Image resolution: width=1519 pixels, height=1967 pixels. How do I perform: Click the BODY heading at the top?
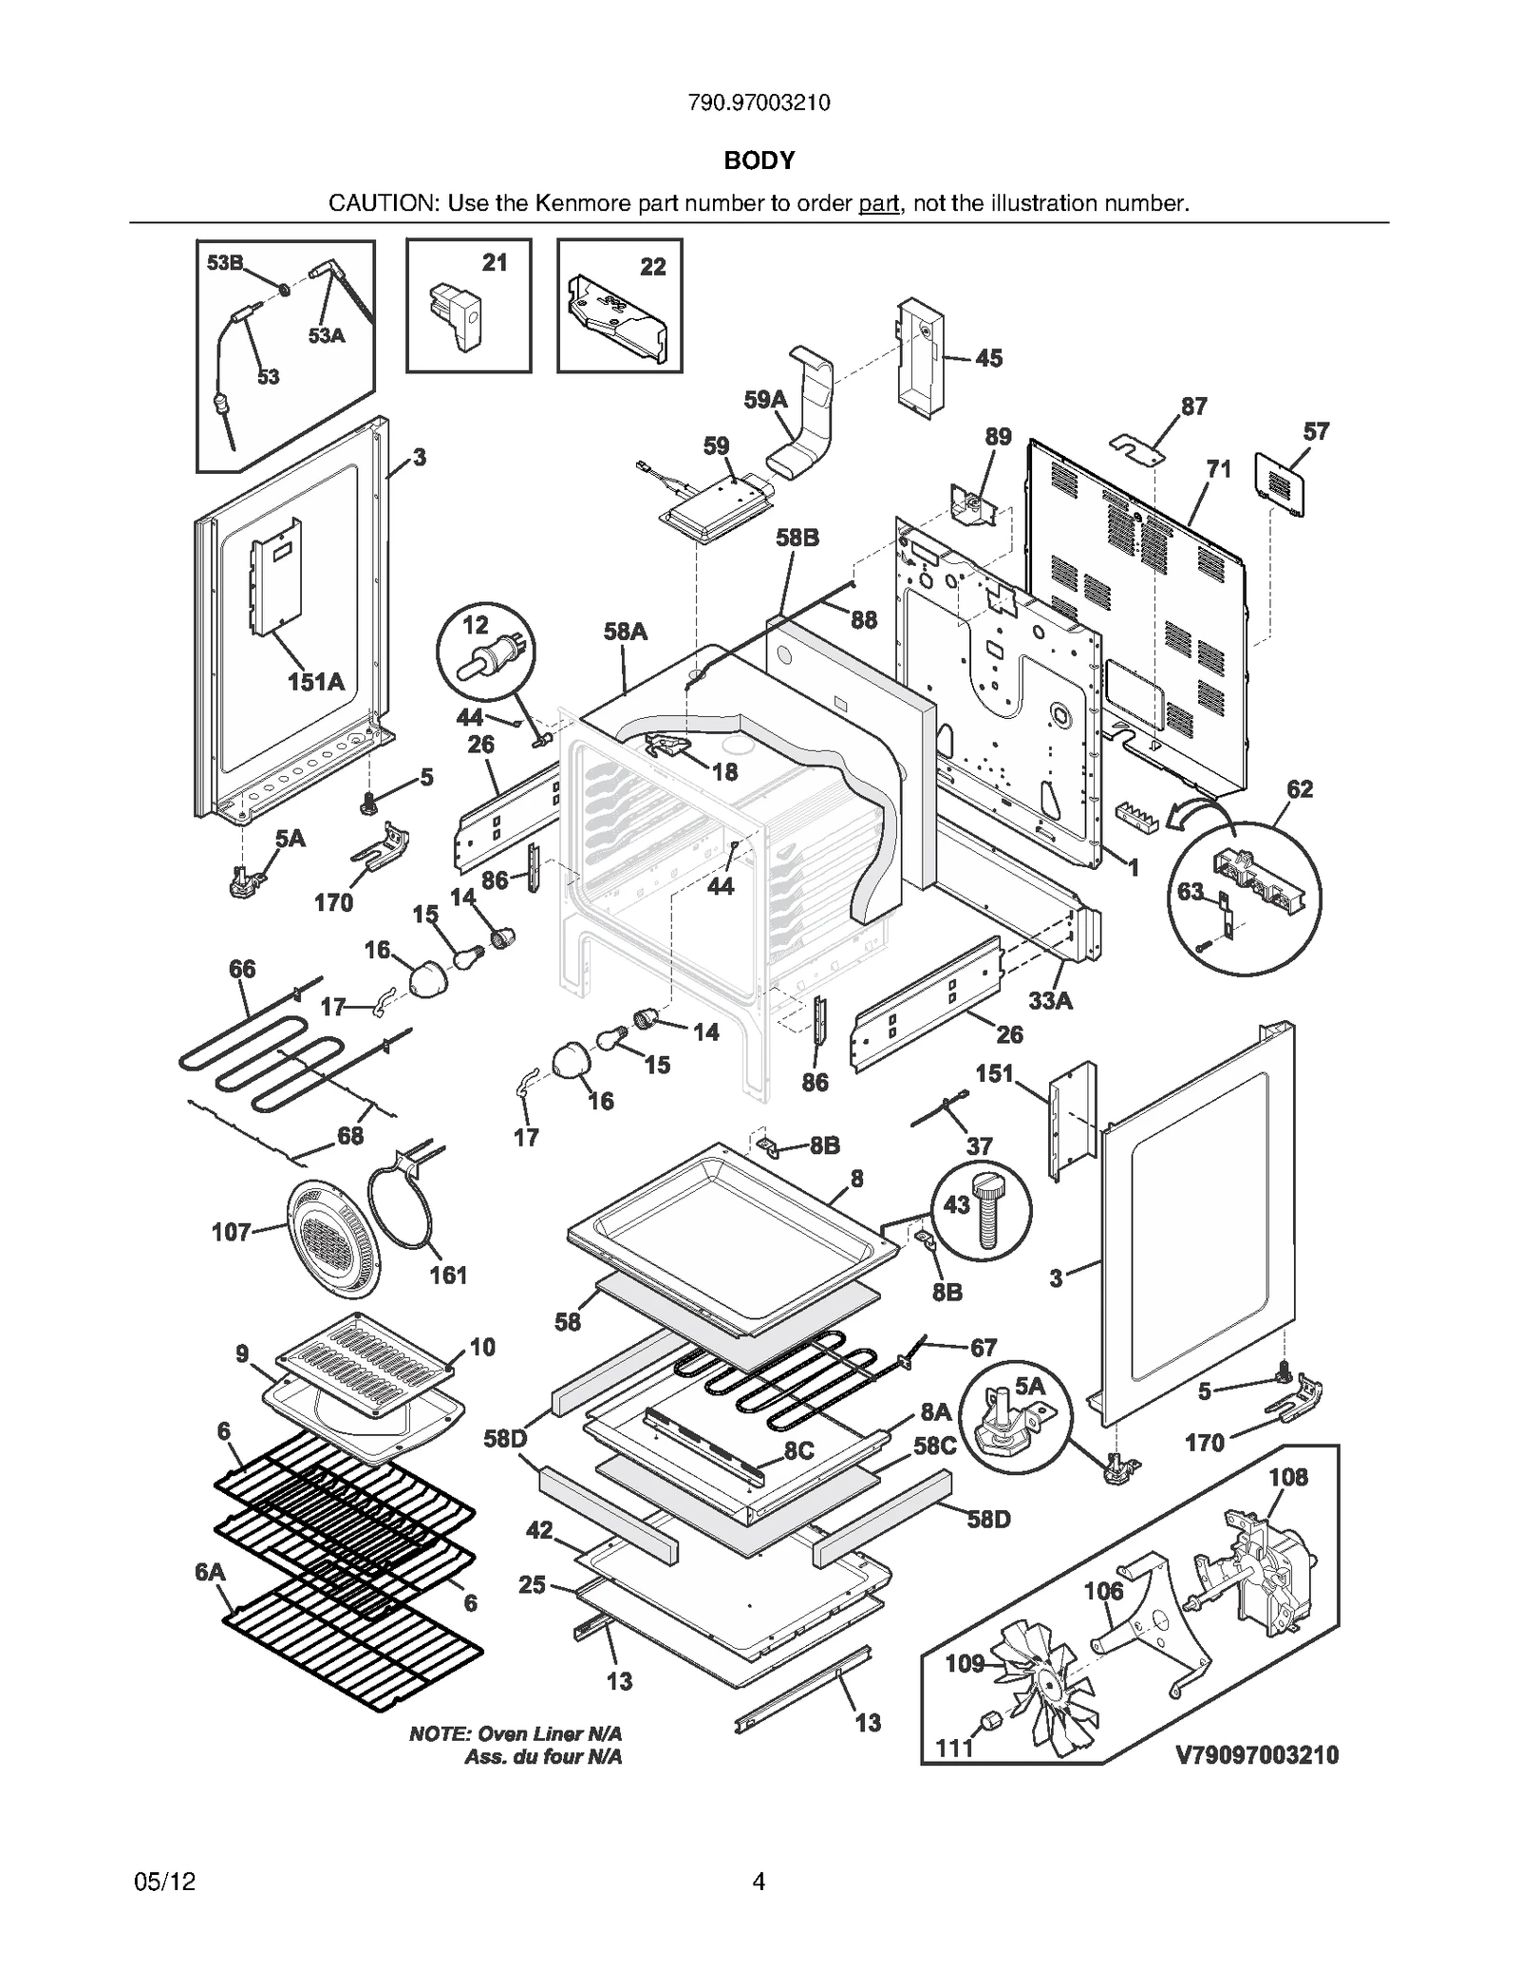click(x=759, y=161)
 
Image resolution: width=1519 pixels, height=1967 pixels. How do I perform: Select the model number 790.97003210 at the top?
click(x=759, y=103)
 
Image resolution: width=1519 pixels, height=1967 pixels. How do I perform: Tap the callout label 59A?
click(x=765, y=400)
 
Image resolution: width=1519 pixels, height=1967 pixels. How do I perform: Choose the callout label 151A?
click(x=316, y=681)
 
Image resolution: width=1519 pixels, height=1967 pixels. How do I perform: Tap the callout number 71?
click(x=1218, y=468)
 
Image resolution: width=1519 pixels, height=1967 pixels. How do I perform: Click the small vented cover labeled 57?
click(x=1279, y=484)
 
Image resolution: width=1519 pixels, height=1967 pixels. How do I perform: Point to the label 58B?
click(x=797, y=538)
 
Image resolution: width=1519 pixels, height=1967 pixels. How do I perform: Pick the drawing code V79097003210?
click(x=1257, y=1754)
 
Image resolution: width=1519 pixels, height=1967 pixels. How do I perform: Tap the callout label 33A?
click(x=1050, y=1000)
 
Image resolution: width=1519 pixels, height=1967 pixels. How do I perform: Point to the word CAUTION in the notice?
click(x=383, y=203)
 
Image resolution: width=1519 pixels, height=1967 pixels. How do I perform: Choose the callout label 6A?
click(x=210, y=1572)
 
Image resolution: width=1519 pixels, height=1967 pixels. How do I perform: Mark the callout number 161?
click(x=448, y=1275)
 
